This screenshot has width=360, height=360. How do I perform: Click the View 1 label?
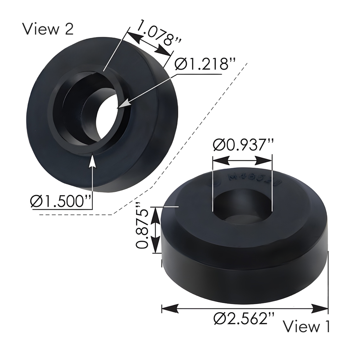tap(307, 326)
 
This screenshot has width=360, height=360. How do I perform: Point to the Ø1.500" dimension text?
tap(61, 201)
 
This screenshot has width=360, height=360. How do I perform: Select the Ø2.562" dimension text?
tap(244, 319)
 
